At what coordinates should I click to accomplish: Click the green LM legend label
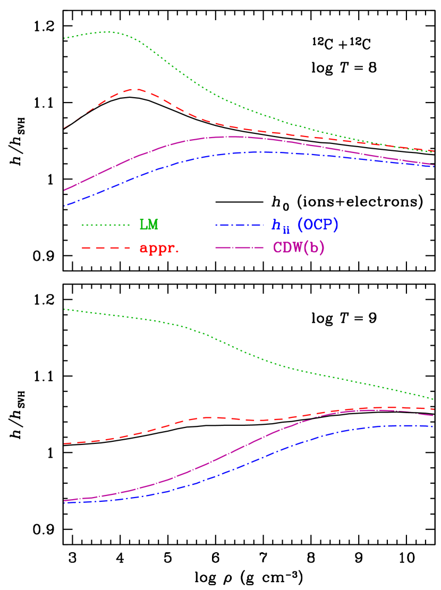[149, 225]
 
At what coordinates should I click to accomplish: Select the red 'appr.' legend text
[159, 248]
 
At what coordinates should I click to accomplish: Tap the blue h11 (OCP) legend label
[305, 225]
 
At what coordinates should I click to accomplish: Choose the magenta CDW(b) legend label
[299, 248]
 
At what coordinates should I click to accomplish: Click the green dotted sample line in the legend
[106, 225]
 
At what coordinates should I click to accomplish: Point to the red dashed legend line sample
[106, 248]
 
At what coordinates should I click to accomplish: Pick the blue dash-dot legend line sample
[239, 225]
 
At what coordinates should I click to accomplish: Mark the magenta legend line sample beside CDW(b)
[239, 248]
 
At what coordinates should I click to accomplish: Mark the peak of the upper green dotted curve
[109, 32]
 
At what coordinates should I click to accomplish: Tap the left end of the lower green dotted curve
[64, 309]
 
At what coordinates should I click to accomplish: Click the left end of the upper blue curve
[64, 206]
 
